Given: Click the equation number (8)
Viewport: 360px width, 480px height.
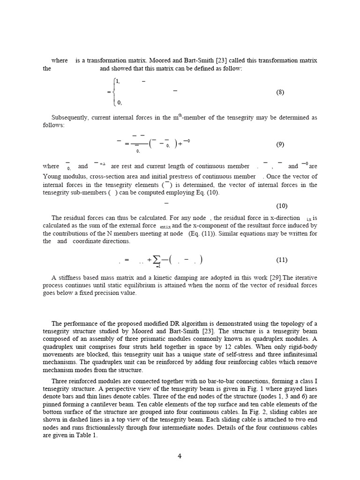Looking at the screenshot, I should (x=280, y=92).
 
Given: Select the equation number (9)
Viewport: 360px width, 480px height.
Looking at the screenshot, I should (x=280, y=144).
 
